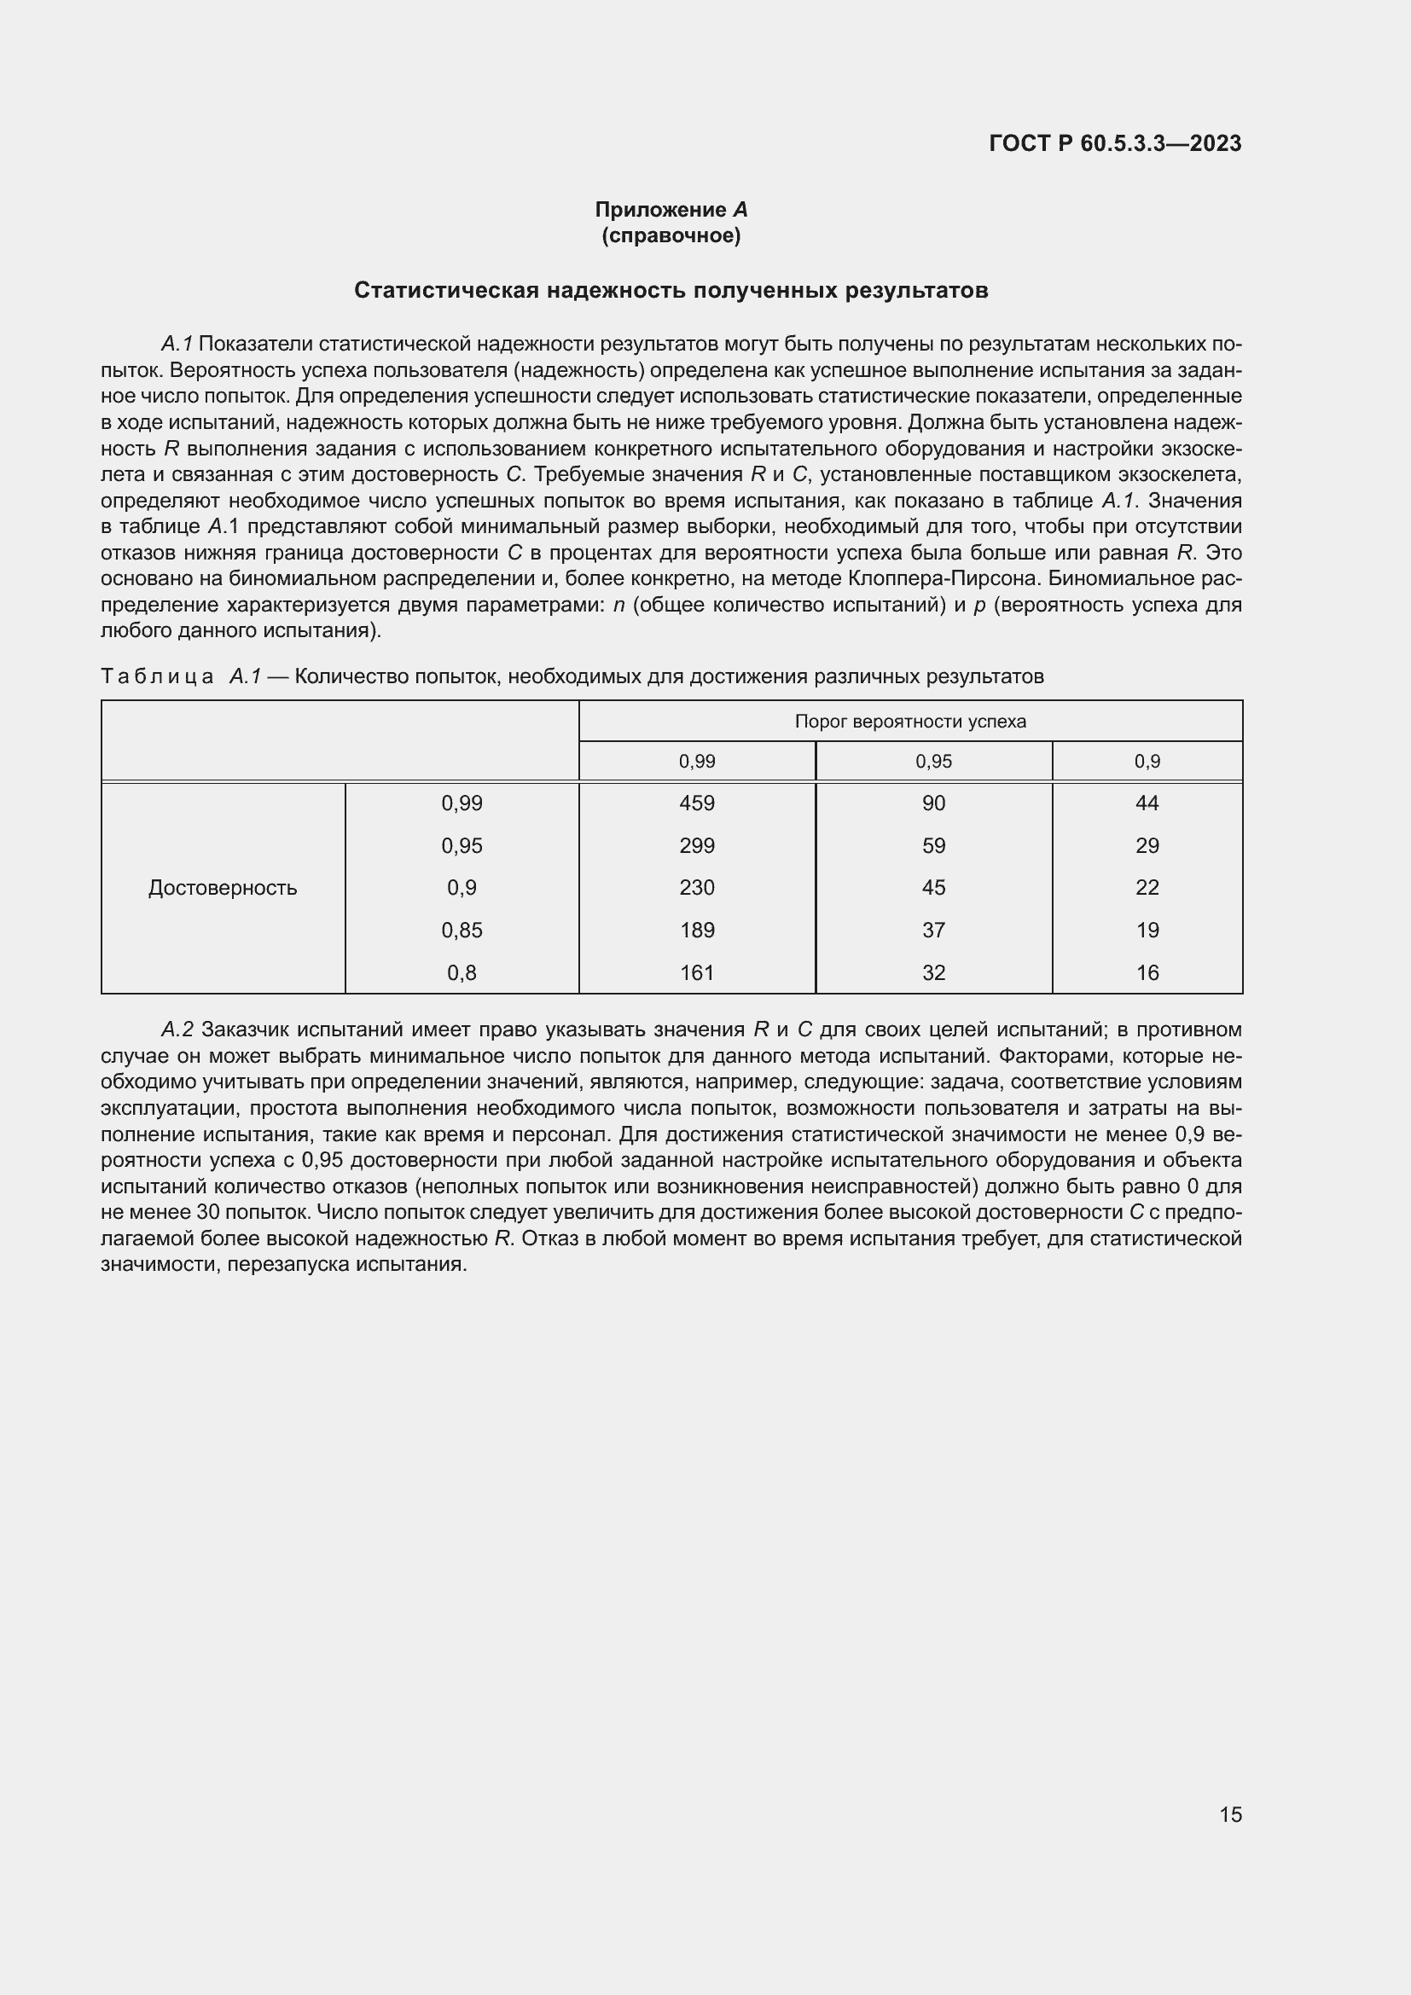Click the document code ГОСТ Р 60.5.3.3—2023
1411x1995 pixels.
pos(1115,143)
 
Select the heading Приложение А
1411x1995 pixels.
pos(671,210)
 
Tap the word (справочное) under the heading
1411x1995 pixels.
pos(671,235)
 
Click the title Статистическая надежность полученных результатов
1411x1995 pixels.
pos(671,290)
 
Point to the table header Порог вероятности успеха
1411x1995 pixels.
pos(909,722)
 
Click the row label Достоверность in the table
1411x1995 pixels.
pos(223,887)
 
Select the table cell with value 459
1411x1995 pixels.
pos(697,803)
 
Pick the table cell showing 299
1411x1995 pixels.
pos(697,845)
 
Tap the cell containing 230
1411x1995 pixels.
pos(697,887)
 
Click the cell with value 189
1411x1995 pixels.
pos(697,930)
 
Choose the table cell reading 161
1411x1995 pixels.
pos(697,972)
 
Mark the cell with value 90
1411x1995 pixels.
pos(933,803)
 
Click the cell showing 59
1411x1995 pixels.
pos(933,845)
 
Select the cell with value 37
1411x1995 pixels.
pos(933,930)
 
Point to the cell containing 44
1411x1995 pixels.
pos(1147,803)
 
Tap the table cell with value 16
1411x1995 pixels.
pos(1147,972)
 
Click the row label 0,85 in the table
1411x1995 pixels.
pos(462,930)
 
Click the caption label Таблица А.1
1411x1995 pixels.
pos(181,676)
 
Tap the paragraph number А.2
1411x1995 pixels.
pos(177,1029)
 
